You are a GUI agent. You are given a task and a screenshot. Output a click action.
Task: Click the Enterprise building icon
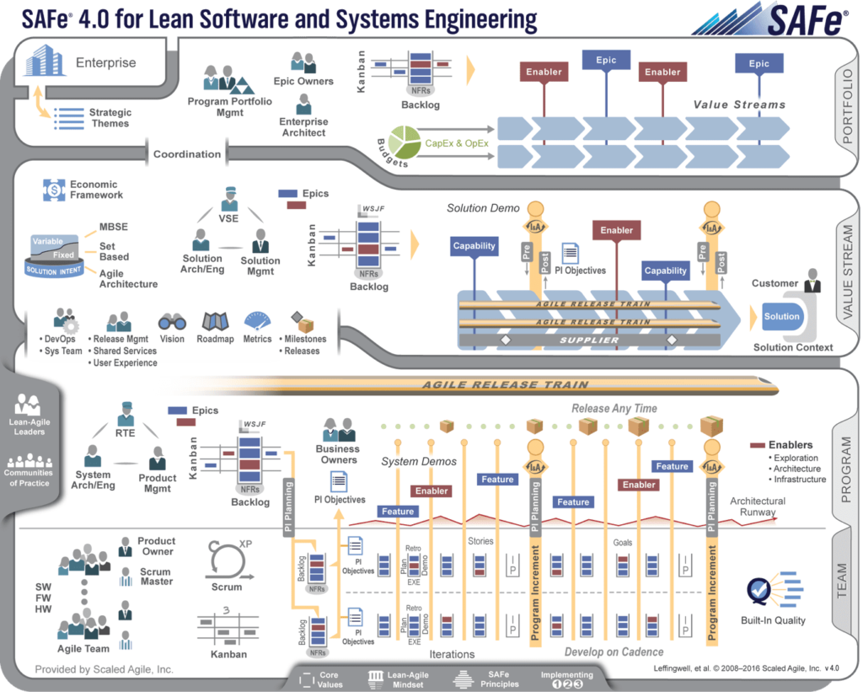45,62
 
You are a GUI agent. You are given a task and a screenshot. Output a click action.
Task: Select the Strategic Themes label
110,118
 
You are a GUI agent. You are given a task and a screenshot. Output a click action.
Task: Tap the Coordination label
187,154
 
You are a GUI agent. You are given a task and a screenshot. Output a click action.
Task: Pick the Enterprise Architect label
303,127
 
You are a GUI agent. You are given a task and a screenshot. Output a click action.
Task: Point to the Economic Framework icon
54,190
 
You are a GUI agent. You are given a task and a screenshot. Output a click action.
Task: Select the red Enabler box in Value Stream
616,230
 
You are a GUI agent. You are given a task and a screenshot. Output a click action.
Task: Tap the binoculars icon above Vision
172,322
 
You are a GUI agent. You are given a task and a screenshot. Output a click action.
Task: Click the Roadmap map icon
215,322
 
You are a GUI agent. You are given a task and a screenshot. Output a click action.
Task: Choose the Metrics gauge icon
257,322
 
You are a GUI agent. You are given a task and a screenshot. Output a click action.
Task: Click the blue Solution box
781,317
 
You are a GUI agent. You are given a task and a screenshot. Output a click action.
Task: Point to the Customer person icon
812,281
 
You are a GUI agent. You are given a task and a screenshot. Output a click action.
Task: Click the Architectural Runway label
757,507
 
